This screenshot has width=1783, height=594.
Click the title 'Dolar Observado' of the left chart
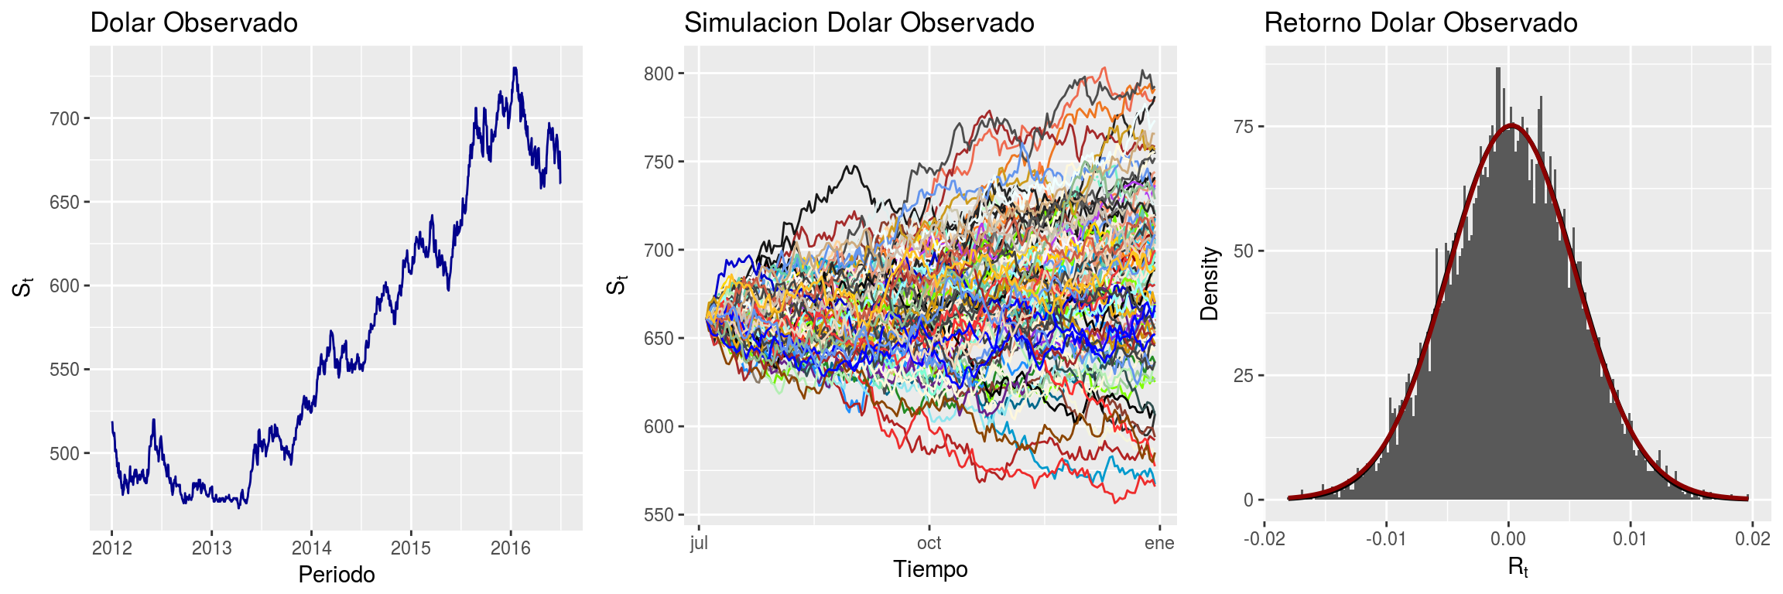click(193, 23)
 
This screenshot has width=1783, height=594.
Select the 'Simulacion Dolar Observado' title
click(859, 23)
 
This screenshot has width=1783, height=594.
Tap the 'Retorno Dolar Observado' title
click(1421, 23)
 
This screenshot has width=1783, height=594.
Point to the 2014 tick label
click(311, 548)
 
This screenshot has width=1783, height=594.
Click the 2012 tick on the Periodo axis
click(112, 548)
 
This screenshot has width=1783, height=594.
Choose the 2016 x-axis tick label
click(511, 548)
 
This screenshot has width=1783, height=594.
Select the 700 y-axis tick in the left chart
click(64, 119)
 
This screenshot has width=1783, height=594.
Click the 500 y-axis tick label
click(64, 454)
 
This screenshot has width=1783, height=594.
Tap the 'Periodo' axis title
click(337, 575)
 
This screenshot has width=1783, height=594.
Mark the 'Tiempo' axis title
click(930, 569)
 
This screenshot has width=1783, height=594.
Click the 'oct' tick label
click(929, 543)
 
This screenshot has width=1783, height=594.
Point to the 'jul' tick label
click(699, 543)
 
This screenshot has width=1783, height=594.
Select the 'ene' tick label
click(1159, 543)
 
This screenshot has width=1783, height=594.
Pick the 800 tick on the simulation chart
click(659, 74)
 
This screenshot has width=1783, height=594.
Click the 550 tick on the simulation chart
click(659, 515)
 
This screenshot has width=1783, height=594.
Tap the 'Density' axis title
click(1209, 284)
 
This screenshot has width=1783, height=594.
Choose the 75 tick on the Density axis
click(1244, 127)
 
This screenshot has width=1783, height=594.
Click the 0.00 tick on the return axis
click(1508, 538)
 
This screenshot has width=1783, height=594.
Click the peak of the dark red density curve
click(1511, 125)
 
